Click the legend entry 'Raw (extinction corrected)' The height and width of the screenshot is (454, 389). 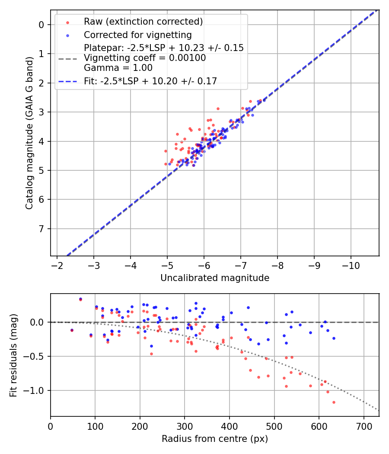(143, 22)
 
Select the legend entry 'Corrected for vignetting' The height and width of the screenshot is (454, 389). (137, 35)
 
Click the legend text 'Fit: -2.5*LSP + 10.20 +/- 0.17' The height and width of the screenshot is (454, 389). (150, 81)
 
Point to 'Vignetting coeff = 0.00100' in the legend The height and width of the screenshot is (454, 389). (145, 58)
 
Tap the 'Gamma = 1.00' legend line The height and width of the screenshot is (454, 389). (118, 68)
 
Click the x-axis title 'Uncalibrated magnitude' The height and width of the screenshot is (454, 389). (215, 278)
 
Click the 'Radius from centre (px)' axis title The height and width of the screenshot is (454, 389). (215, 439)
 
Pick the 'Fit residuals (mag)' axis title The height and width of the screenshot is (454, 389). (14, 355)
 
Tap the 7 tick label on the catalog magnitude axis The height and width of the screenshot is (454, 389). (41, 229)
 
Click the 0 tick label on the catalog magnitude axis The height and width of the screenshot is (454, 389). (41, 25)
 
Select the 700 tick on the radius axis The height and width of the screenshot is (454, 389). (363, 426)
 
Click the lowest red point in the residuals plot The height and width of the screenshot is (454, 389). (334, 402)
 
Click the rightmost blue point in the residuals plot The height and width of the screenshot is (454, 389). (334, 338)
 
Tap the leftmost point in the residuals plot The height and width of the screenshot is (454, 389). (72, 330)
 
